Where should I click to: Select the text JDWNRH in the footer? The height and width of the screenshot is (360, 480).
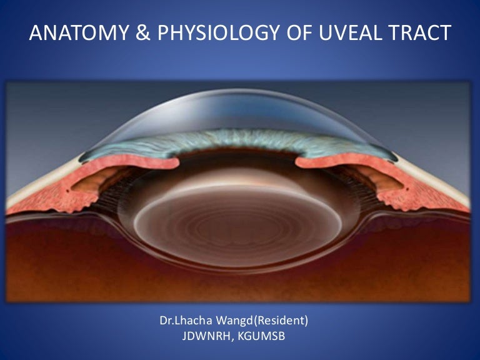[x=204, y=338]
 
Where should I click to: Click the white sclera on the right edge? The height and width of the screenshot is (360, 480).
[x=453, y=187]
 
